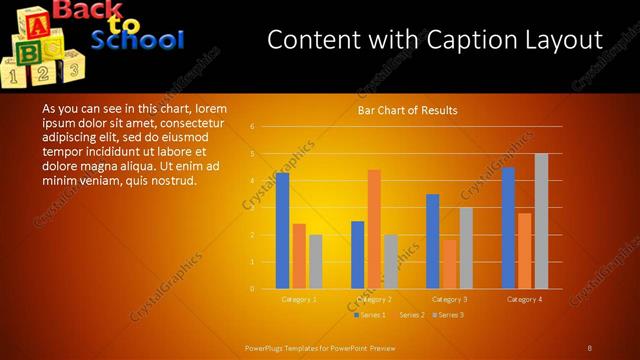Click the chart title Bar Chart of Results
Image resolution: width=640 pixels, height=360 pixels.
(x=407, y=110)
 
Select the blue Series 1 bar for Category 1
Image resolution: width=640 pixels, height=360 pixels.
(x=283, y=231)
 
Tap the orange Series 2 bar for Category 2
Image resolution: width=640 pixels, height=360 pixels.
(x=373, y=229)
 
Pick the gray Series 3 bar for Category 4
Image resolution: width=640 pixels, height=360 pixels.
(x=541, y=221)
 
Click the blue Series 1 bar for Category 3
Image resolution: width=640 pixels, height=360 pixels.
(x=433, y=241)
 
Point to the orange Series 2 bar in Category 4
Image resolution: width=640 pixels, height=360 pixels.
(x=525, y=250)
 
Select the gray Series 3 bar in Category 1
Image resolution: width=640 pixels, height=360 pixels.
(x=316, y=261)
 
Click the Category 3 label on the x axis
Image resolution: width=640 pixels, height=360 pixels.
(x=449, y=299)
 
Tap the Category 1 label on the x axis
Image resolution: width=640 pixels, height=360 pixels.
(x=299, y=299)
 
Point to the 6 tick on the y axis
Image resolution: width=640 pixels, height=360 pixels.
(x=253, y=127)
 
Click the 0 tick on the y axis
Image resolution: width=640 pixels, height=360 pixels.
(x=253, y=289)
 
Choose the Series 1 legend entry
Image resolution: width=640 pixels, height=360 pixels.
(x=372, y=315)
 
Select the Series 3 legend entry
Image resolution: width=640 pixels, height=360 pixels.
(x=450, y=315)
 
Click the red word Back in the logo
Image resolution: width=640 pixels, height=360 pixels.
(x=88, y=11)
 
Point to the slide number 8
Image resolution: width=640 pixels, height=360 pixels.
(x=589, y=348)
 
